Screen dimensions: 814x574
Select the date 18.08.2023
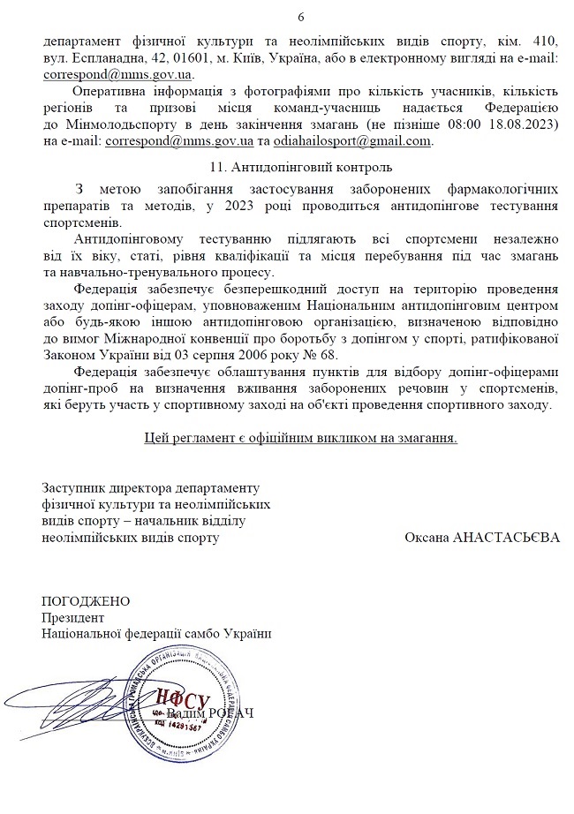[x=521, y=124]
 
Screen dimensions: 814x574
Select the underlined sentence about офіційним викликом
[x=300, y=437]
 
